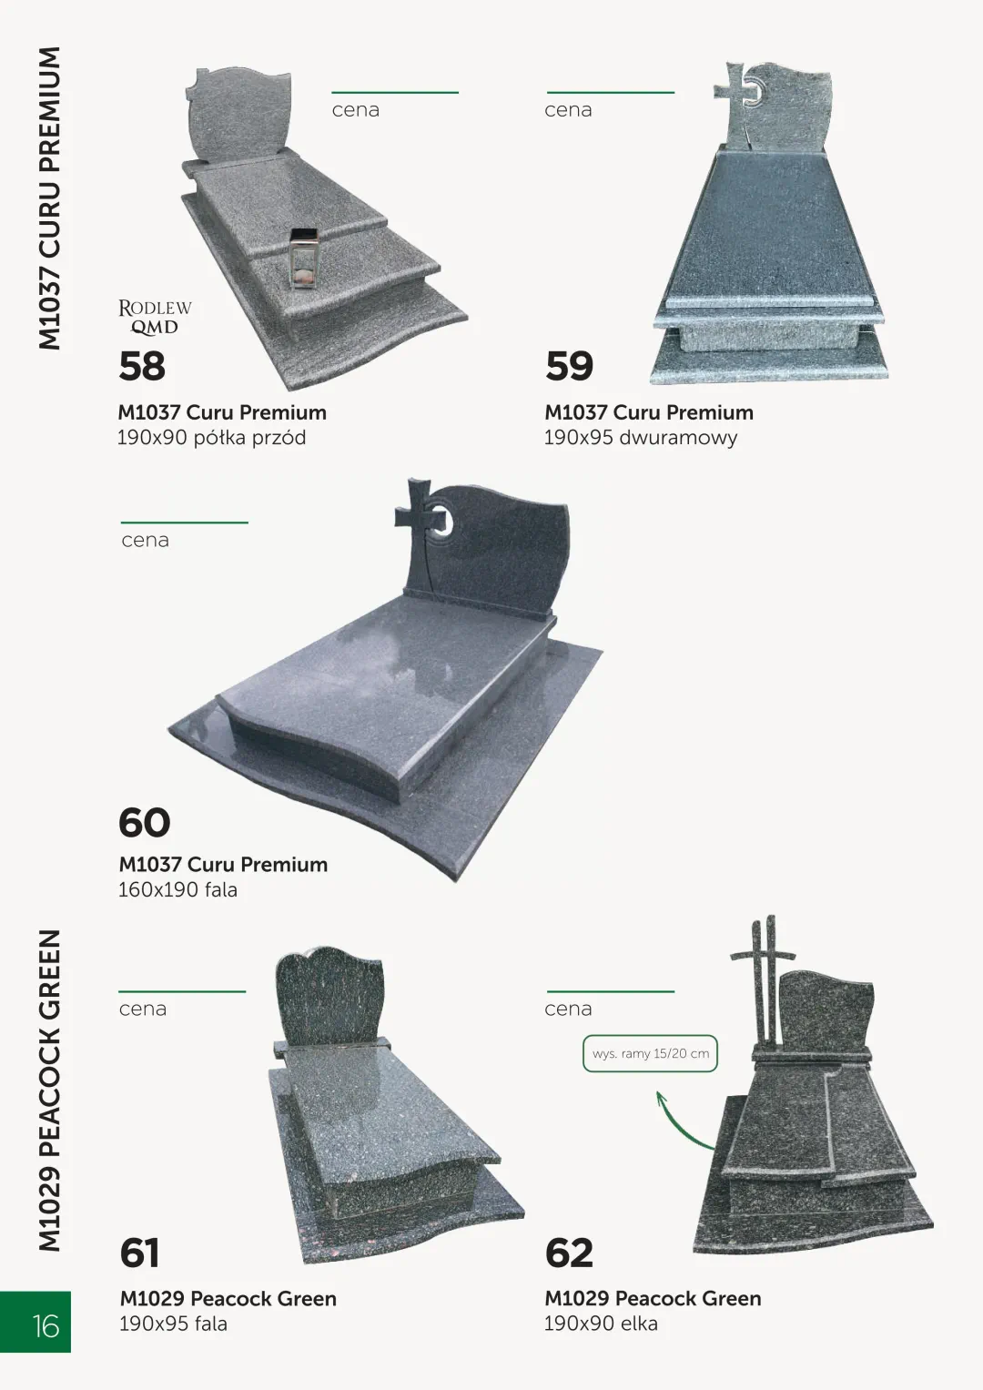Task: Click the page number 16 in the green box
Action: point(46,1326)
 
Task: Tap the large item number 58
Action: point(142,366)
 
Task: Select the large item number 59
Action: point(569,366)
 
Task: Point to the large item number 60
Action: point(144,822)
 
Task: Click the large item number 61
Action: point(139,1253)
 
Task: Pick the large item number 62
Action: point(569,1253)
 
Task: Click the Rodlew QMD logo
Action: point(155,317)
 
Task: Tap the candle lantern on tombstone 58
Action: point(303,259)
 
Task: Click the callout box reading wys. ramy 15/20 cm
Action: point(651,1054)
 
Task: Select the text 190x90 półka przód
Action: point(211,438)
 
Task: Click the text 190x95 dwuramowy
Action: point(641,438)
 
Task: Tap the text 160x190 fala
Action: point(178,890)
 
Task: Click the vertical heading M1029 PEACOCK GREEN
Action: point(50,1091)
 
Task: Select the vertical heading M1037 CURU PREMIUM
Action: point(50,198)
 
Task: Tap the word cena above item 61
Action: point(143,1009)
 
